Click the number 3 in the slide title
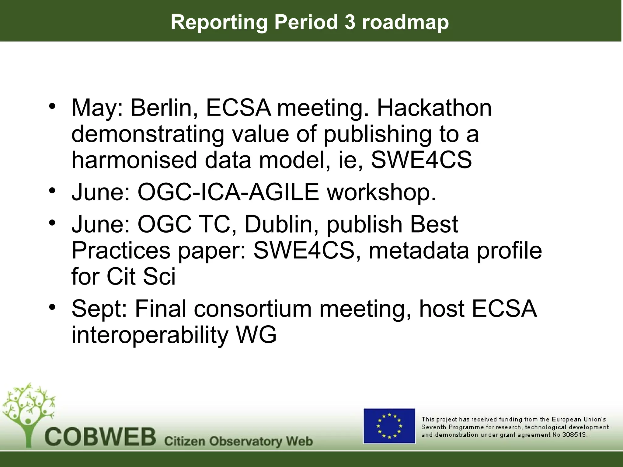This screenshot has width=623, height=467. pos(350,22)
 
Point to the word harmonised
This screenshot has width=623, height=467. pos(134,160)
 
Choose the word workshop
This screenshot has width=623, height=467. pos(381,193)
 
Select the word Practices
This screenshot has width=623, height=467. pos(121,251)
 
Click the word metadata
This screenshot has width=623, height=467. pos(419,251)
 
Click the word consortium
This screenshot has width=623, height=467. pos(253,309)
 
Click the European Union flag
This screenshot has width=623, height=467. pos(389,426)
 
